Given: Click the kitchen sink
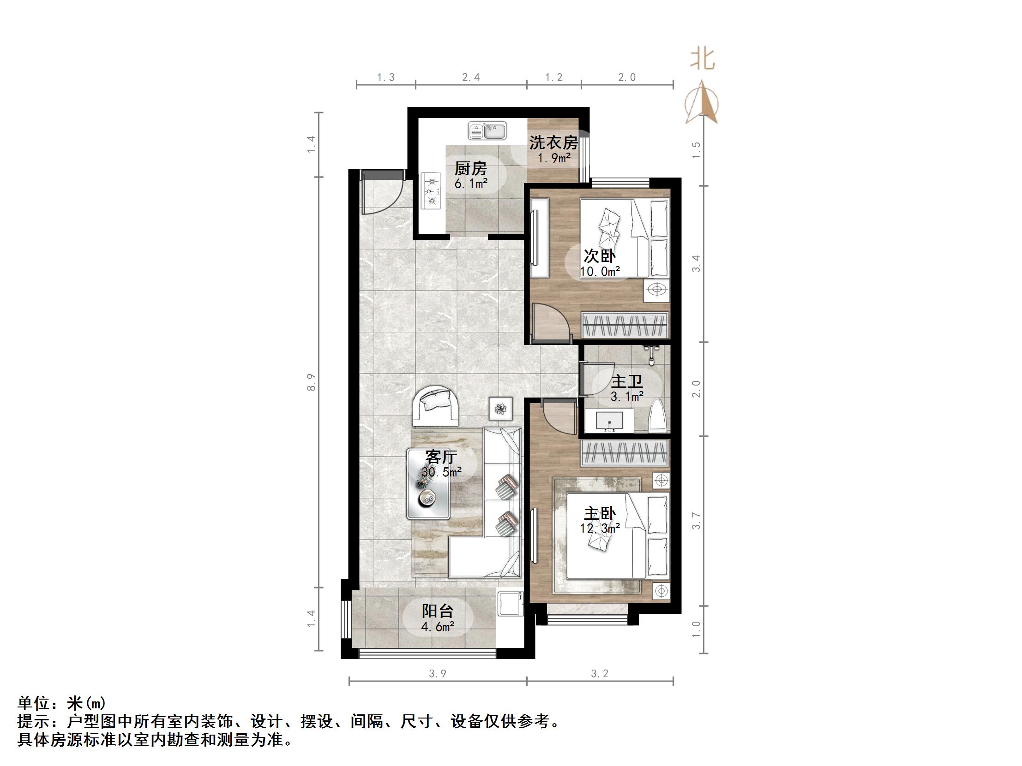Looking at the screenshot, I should coord(487,131).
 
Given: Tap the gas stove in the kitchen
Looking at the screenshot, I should coord(431,190).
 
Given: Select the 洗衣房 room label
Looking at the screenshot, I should coord(553,143).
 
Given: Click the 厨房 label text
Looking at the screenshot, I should coord(470,168).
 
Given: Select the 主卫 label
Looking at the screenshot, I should coord(626,382).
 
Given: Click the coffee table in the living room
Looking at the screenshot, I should coord(428,483).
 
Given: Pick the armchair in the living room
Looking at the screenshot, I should coord(112,405).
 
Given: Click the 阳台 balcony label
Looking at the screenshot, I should coord(437,612).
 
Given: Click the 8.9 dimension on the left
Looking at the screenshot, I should coord(312,382).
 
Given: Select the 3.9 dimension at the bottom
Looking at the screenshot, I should coord(437,674).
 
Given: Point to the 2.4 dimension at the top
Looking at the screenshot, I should coord(471,77).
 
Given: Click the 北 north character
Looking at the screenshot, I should coord(702,59).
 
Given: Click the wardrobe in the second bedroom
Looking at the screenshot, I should coord(625,325).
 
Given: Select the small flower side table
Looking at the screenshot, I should coord(500,409).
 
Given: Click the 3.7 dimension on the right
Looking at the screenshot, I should coord(696,521).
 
